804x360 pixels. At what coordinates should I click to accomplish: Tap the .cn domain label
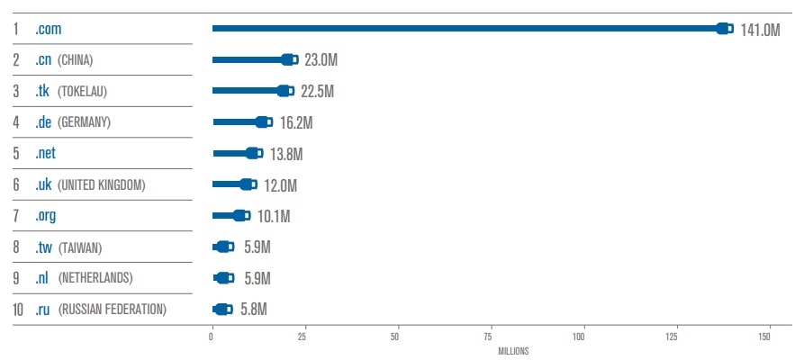pyautogui.click(x=43, y=60)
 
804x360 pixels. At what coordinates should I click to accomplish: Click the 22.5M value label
pyautogui.click(x=316, y=92)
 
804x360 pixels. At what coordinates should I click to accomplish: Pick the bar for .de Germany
pyautogui.click(x=236, y=122)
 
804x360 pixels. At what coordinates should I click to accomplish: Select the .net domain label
pyautogui.click(x=46, y=154)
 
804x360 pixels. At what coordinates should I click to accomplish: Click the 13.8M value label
pyautogui.click(x=285, y=154)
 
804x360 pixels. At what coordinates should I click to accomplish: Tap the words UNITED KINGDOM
pyautogui.click(x=101, y=185)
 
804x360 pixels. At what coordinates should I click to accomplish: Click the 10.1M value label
pyautogui.click(x=273, y=216)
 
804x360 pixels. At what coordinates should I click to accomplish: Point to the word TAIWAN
pyautogui.click(x=82, y=247)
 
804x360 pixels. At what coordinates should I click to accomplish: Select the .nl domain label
pyautogui.click(x=42, y=278)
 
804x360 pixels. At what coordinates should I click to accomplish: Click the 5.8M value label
pyautogui.click(x=254, y=310)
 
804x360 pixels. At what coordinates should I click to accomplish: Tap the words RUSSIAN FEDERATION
pyautogui.click(x=113, y=310)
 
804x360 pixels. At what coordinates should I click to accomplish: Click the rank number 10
pyautogui.click(x=18, y=310)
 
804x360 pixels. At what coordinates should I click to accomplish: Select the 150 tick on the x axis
pyautogui.click(x=765, y=336)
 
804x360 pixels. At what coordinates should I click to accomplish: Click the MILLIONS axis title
pyautogui.click(x=513, y=351)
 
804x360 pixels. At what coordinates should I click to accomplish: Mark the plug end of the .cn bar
pyautogui.click(x=290, y=60)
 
